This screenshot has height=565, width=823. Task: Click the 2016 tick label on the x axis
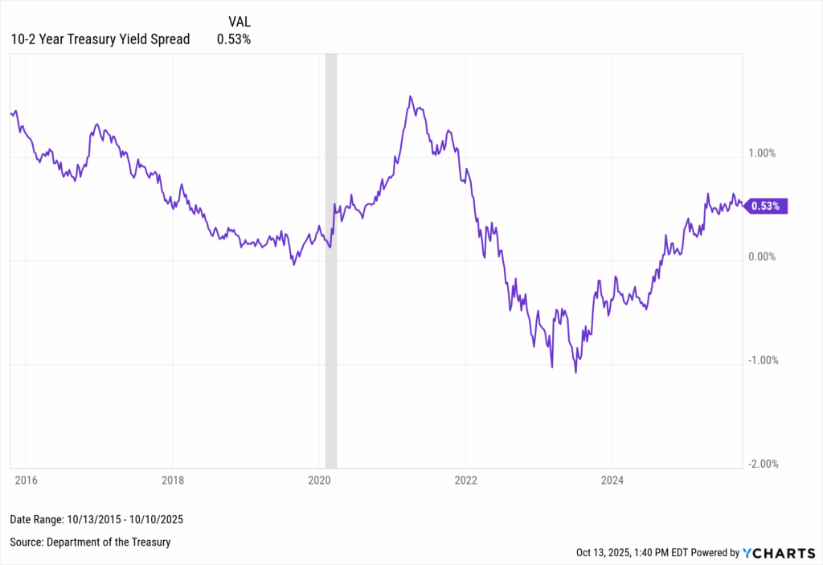26,481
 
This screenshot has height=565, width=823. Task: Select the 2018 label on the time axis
173,481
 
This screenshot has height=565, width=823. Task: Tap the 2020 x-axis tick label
320,481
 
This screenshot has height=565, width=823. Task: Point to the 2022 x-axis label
466,481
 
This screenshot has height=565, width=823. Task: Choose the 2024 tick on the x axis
612,481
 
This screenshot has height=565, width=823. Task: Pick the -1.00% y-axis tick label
765,360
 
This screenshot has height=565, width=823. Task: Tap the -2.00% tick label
765,464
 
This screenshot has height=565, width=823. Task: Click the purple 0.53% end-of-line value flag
767,207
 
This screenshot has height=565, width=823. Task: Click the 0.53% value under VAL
234,39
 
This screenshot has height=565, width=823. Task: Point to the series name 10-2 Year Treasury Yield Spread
100,39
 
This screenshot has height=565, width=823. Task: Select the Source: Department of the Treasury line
90,542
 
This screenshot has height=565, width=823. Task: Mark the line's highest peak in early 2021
410,96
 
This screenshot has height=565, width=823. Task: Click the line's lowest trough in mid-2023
575,372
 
